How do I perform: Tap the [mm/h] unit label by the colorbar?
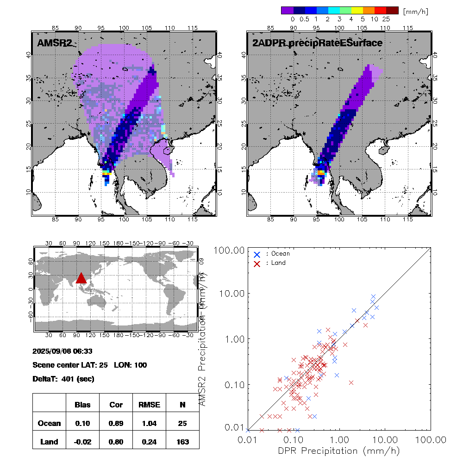point(415,11)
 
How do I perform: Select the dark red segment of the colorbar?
point(392,10)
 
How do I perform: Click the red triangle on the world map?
point(81,277)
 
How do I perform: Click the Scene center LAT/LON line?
point(90,365)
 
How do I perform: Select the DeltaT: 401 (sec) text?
point(63,379)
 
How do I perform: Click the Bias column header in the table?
point(82,405)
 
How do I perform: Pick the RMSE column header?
point(149,405)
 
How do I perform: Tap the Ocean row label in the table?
point(49,423)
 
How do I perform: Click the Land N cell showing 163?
point(182,442)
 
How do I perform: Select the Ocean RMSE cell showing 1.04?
point(149,423)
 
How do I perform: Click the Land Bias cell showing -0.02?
point(82,442)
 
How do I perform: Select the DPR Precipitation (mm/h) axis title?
point(339,450)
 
